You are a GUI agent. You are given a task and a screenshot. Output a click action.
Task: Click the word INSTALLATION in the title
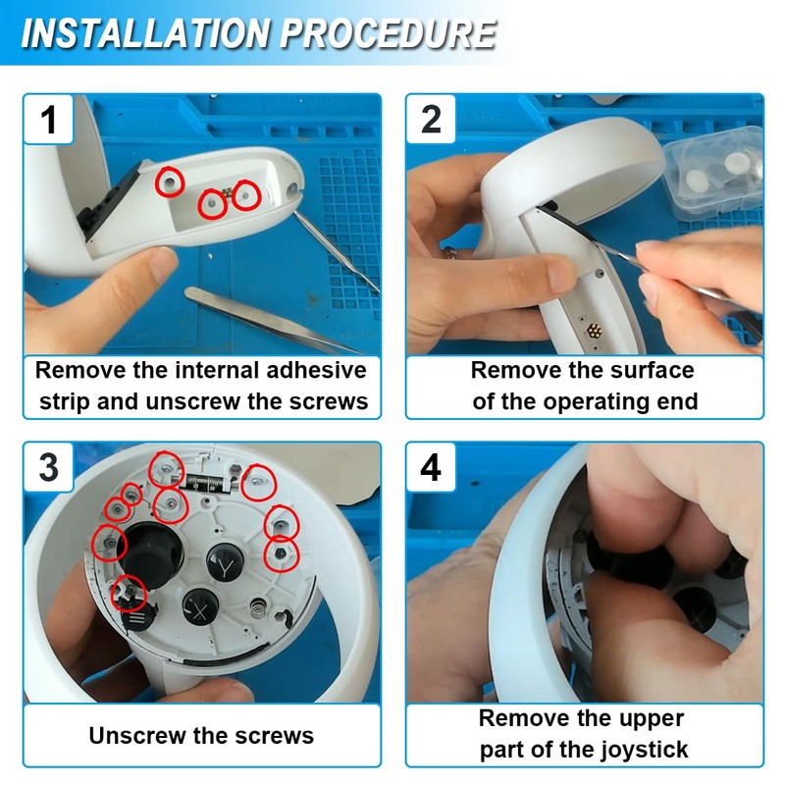pos(146,34)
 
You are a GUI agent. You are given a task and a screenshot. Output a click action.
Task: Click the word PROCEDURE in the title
pos(388,34)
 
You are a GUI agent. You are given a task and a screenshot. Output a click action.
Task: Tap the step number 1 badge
pos(48,120)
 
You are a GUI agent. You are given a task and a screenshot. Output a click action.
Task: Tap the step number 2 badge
pos(431,119)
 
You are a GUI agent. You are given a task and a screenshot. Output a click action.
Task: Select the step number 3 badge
pos(48,467)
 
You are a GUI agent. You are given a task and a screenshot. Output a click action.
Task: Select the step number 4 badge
pos(431,467)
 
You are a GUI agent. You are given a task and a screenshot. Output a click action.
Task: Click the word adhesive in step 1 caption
pos(316,371)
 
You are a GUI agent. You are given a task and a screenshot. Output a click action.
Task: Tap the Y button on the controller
pos(226,562)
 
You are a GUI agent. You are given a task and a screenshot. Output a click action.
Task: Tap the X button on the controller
pos(201,607)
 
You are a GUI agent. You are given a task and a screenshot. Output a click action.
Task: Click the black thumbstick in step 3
pos(152,554)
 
